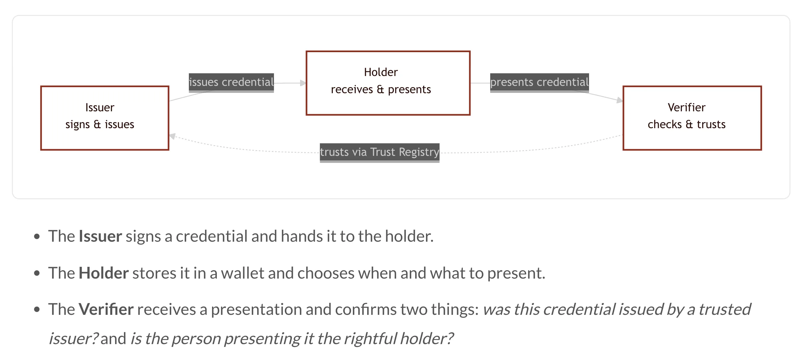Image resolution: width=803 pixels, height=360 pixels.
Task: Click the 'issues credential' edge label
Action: click(x=231, y=83)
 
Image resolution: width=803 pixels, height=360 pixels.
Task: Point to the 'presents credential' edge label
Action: click(x=539, y=83)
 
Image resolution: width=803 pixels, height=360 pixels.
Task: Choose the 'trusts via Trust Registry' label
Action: click(x=380, y=153)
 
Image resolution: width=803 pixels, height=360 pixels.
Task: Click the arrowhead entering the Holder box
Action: click(x=303, y=83)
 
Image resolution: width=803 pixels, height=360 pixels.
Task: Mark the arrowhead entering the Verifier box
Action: click(x=620, y=100)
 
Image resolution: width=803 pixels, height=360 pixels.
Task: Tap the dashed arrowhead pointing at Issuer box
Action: click(x=172, y=136)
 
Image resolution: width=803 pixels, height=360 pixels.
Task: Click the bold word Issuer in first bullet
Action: click(x=100, y=236)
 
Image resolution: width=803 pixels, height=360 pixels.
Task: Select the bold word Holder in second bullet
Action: click(x=104, y=273)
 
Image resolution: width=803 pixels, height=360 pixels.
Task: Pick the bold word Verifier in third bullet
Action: click(x=106, y=309)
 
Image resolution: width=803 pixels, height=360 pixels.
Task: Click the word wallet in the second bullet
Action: click(x=243, y=273)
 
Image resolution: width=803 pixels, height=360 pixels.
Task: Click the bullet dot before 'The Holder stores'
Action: click(x=37, y=273)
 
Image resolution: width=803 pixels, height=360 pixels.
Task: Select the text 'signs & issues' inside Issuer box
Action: click(x=100, y=124)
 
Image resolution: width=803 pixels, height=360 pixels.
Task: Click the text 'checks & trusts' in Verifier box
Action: click(x=687, y=124)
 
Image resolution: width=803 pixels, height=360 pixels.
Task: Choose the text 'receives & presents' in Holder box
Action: click(x=381, y=90)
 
